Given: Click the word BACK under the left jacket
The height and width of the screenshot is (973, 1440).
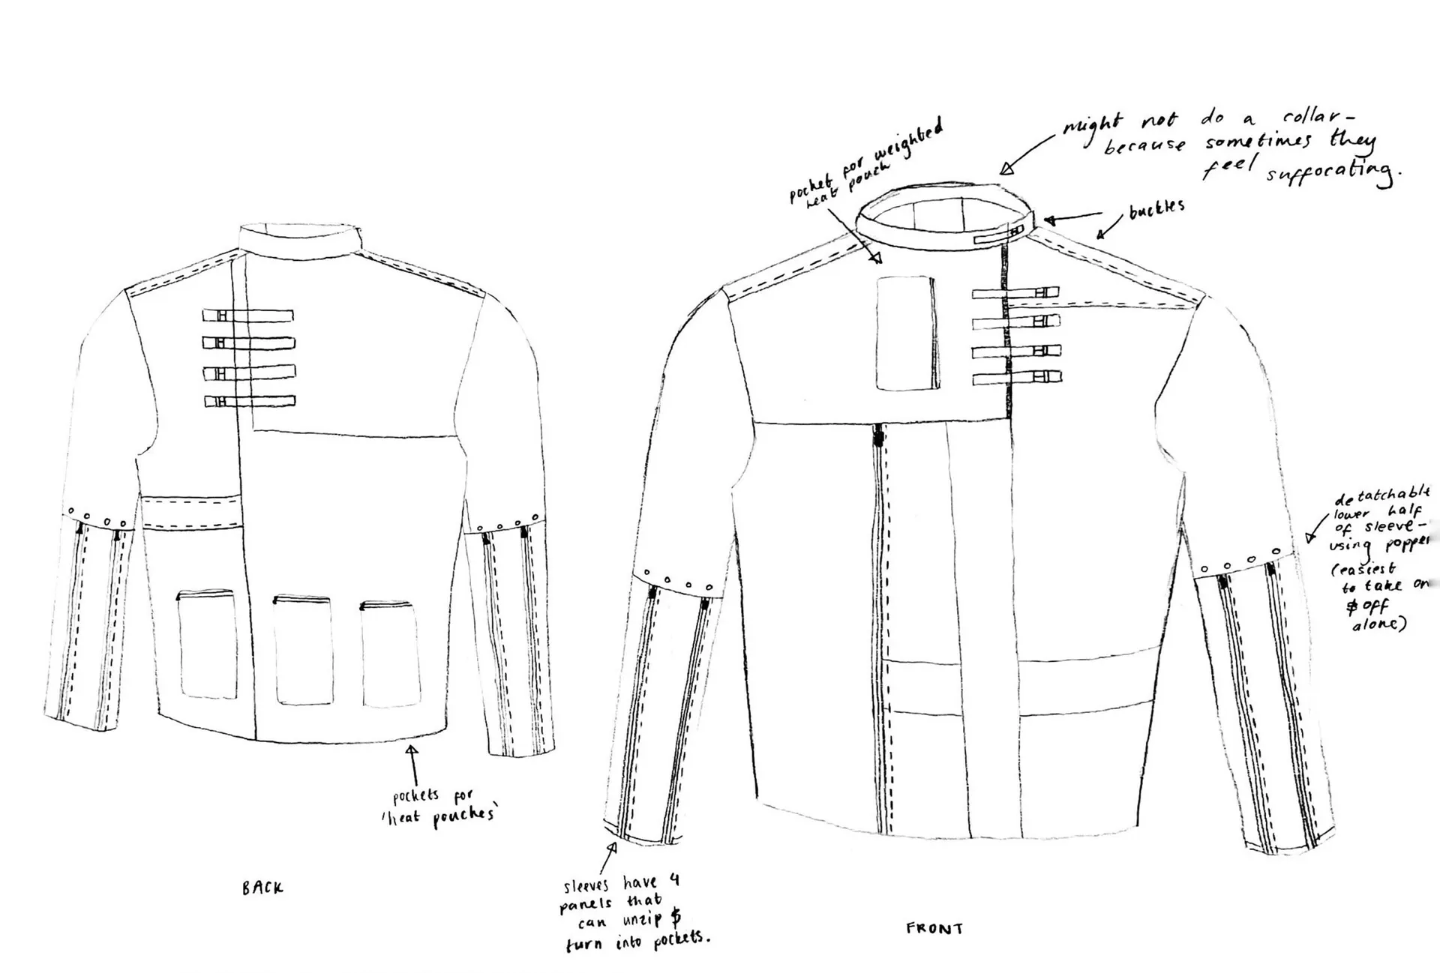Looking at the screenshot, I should (262, 888).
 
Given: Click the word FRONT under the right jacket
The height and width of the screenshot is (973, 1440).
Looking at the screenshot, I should (934, 929).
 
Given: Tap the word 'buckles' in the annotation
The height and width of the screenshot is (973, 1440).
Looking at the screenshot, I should (1157, 208).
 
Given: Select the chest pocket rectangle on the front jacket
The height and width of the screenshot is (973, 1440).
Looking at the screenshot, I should (907, 333).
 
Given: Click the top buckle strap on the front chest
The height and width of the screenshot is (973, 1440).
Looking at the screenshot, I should (1016, 293).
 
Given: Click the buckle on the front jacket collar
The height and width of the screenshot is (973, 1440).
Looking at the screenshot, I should (999, 237).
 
